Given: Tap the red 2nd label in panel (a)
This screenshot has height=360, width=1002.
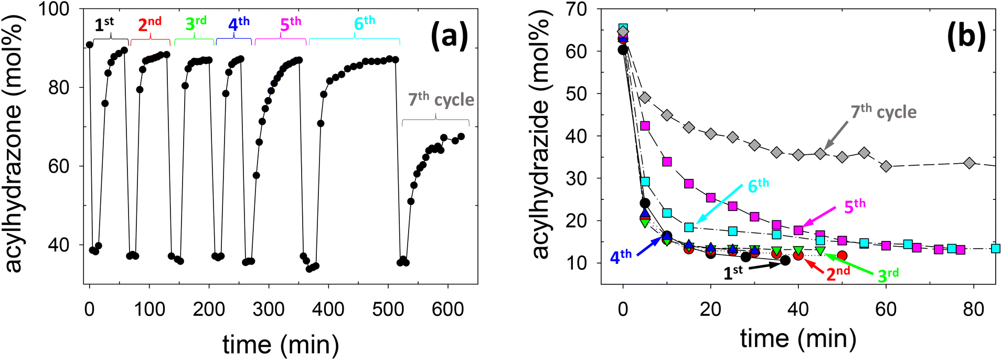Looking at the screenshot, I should point(150,24).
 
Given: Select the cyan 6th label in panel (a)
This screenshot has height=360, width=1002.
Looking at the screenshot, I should point(365,23).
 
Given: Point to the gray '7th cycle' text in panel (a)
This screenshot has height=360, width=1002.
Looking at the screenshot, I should point(441,100).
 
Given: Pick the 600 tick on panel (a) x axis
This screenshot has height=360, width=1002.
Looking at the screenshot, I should point(447,309).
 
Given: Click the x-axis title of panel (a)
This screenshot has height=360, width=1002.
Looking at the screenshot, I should point(281,345).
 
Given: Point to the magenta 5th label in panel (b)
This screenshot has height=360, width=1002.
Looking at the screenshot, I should point(855,206).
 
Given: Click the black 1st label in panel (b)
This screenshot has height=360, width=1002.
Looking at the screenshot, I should point(733,272).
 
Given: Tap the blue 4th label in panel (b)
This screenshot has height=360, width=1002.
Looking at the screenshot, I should point(621,257).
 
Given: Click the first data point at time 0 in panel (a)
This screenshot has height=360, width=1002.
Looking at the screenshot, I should point(90,45).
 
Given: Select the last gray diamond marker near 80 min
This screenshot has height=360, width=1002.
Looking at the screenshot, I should point(969,163).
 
